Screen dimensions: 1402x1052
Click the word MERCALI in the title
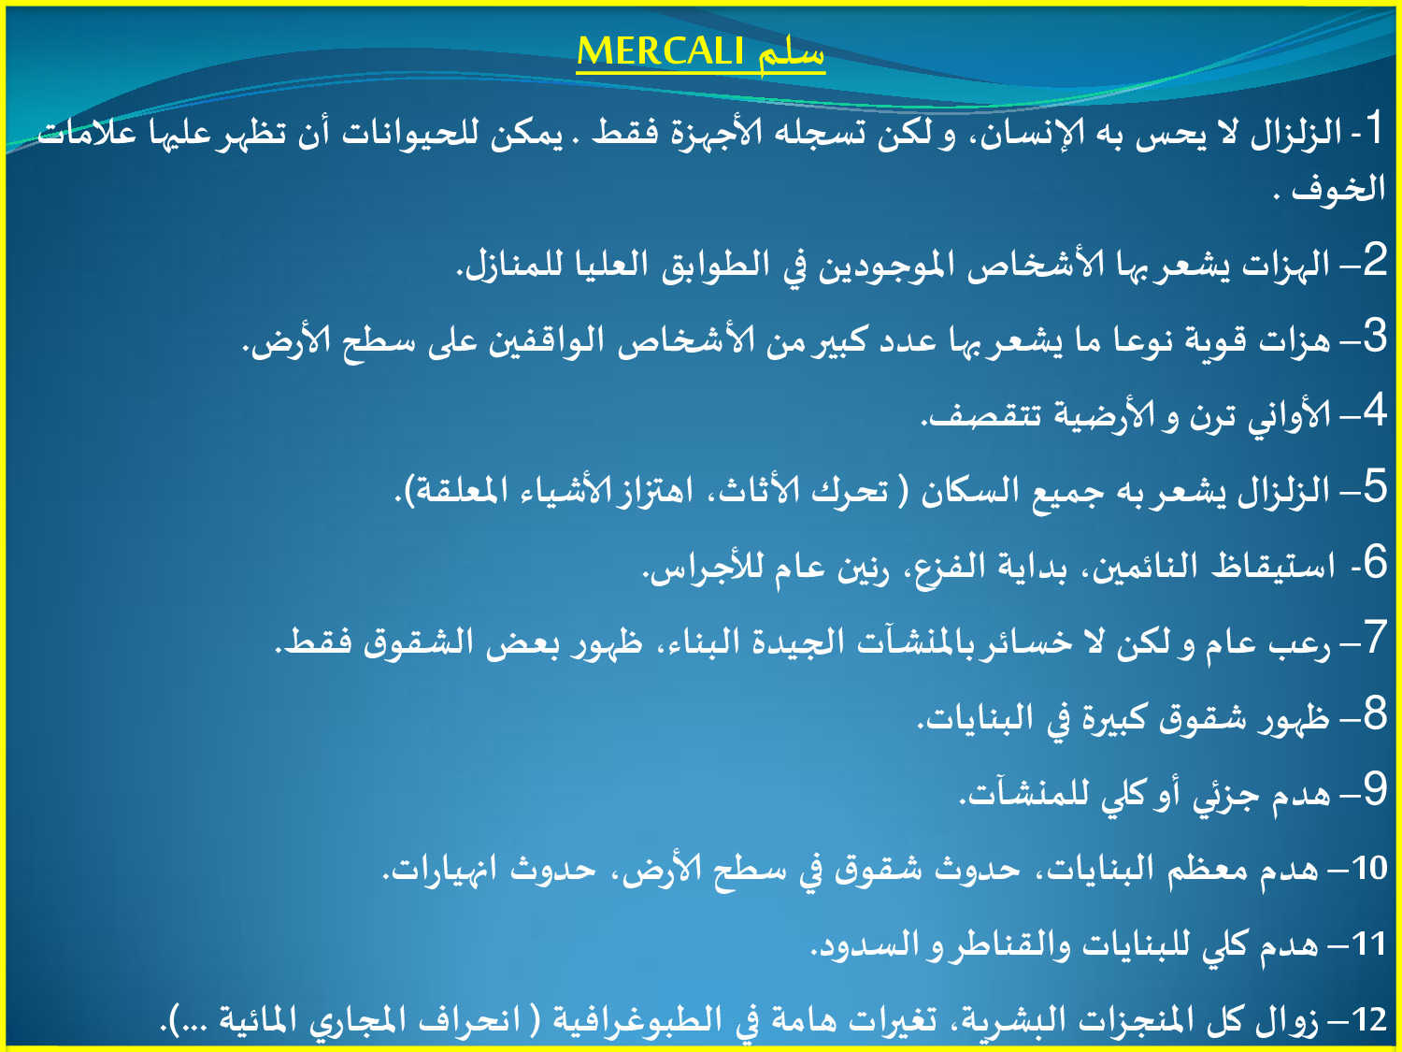(x=660, y=50)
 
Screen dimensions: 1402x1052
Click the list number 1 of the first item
(x=1371, y=128)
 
